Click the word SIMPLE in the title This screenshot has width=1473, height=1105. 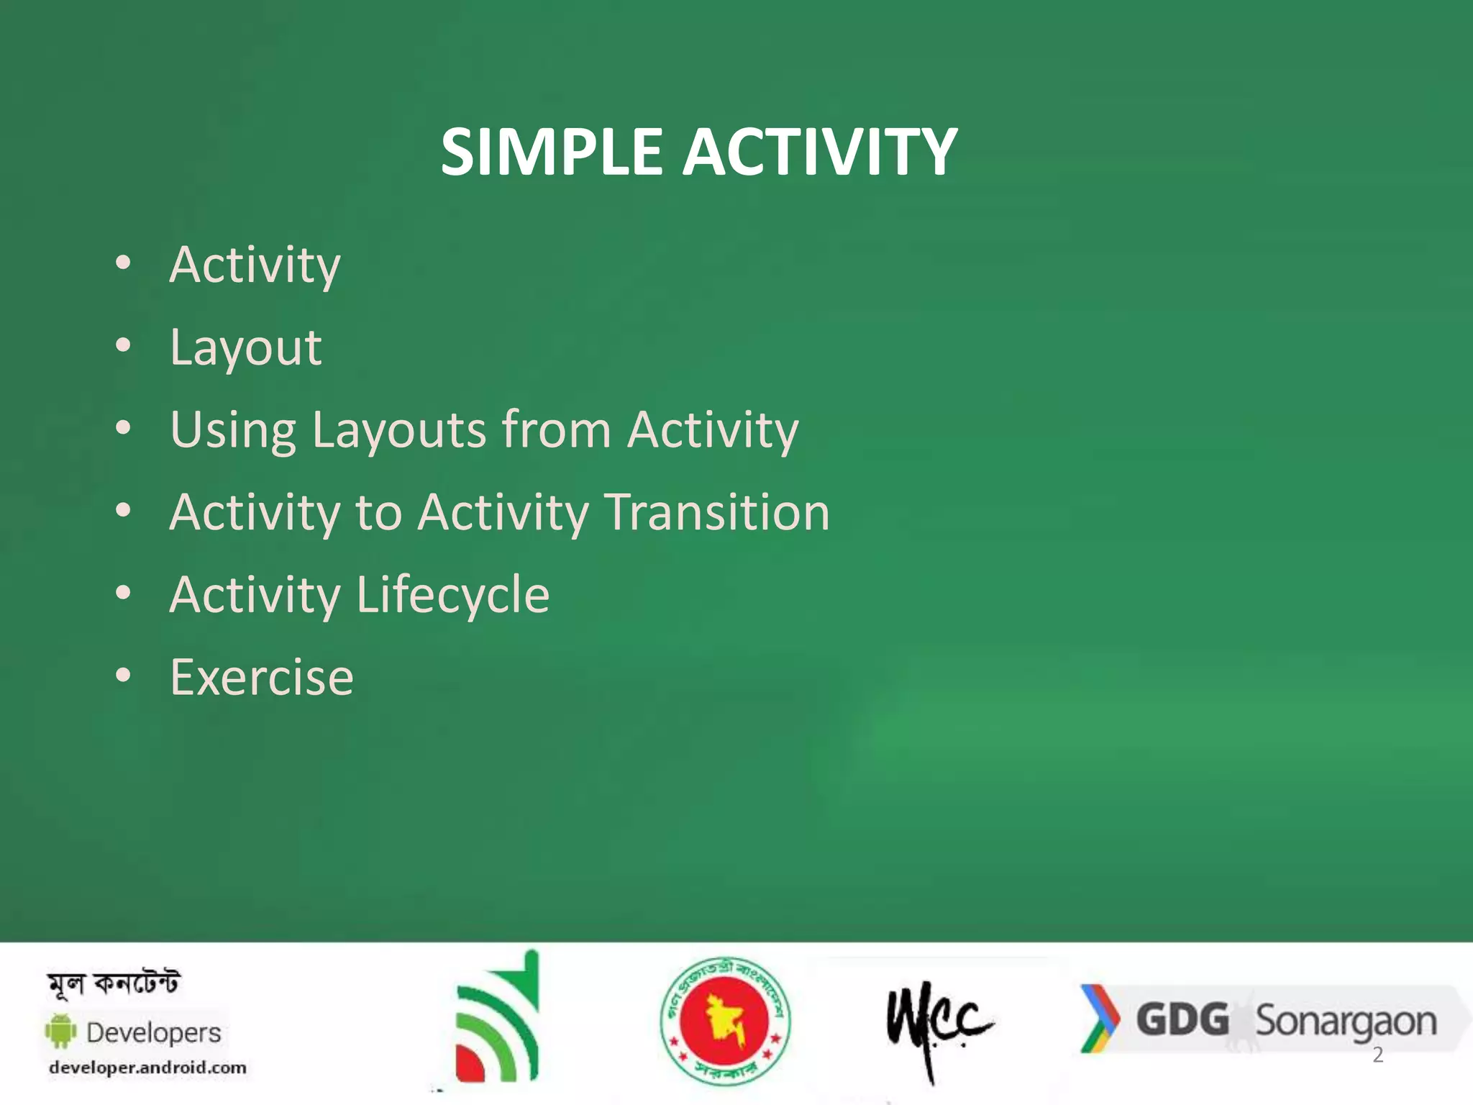[x=551, y=152]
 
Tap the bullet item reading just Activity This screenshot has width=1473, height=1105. [x=255, y=265]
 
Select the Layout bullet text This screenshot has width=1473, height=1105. [x=245, y=348]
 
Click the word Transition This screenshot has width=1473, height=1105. [x=716, y=512]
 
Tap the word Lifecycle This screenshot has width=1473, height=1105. [x=452, y=595]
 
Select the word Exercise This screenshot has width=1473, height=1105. [x=262, y=678]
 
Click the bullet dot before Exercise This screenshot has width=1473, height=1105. [x=124, y=676]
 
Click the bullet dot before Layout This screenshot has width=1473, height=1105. [x=124, y=346]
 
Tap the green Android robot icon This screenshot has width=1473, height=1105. [x=60, y=1031]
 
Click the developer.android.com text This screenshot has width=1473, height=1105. [x=147, y=1068]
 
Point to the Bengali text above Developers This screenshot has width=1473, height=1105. [x=114, y=983]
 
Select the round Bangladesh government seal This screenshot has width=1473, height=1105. [x=725, y=1020]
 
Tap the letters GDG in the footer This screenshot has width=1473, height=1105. [x=1182, y=1020]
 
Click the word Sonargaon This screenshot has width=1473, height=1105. [x=1345, y=1022]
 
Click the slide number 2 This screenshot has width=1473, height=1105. [x=1377, y=1055]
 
